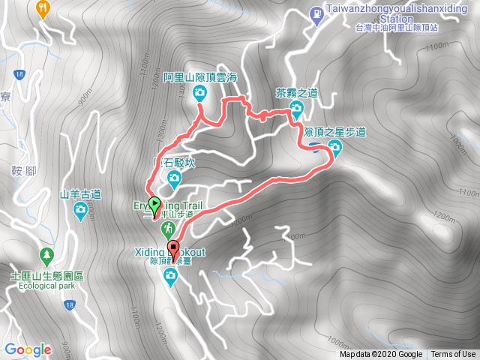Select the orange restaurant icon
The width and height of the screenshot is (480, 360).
(43, 8)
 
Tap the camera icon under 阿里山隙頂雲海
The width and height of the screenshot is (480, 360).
(200, 93)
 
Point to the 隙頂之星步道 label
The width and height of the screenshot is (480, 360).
(335, 132)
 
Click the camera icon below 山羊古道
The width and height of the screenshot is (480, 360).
(80, 210)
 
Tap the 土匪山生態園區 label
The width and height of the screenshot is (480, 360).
(47, 276)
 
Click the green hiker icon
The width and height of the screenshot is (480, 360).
(169, 227)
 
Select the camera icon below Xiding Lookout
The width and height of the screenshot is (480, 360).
(170, 278)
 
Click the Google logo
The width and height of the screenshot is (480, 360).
(28, 349)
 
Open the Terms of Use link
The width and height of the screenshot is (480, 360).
(453, 355)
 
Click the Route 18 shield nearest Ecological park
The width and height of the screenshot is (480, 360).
(70, 304)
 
